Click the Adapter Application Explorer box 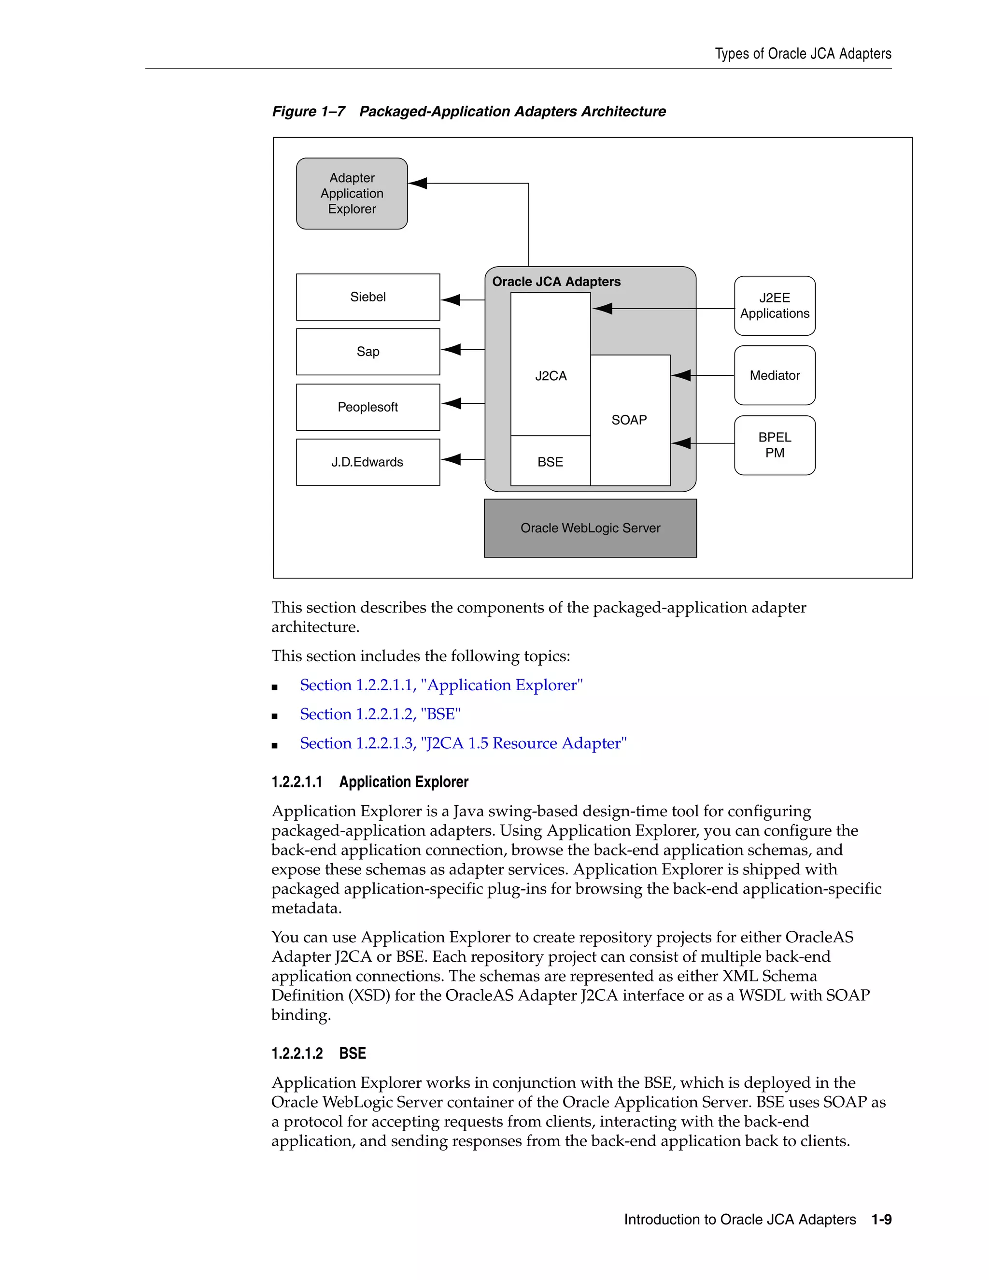pos(352,193)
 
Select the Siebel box pos(368,297)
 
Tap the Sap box pos(368,352)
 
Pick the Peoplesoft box pos(368,407)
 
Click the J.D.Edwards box pos(368,462)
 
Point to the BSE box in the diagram pos(550,462)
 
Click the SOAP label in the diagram pos(629,420)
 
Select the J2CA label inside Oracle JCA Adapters pos(551,376)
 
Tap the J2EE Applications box pos(775,306)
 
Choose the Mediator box pos(775,376)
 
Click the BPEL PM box pos(775,445)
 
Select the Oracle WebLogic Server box pos(590,528)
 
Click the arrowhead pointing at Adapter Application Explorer pos(418,184)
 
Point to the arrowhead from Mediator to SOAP pos(681,375)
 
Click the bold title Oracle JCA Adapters pos(556,282)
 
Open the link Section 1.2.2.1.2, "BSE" pos(380,714)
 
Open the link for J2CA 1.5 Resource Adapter pos(463,743)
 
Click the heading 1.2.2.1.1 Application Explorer pos(370,782)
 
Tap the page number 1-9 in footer pos(881,1220)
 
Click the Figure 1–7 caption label pos(309,112)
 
